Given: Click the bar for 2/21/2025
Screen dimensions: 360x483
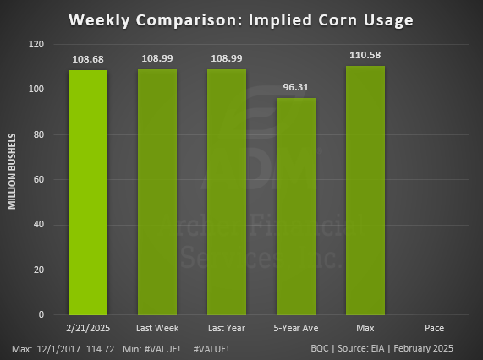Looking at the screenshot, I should coord(88,193).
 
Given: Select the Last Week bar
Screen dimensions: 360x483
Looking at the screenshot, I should coord(157,193).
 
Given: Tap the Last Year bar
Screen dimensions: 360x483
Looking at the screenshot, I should coord(227,193).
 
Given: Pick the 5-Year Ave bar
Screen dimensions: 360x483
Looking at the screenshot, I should coord(296,207).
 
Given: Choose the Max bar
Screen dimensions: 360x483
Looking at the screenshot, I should coord(365,191).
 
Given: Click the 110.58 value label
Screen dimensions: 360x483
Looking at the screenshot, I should coord(365,56).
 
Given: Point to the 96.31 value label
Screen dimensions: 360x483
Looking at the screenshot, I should coord(296,88).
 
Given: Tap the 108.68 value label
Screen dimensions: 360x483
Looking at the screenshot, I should coord(88,60).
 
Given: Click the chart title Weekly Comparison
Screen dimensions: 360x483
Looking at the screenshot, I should coord(241,19).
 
